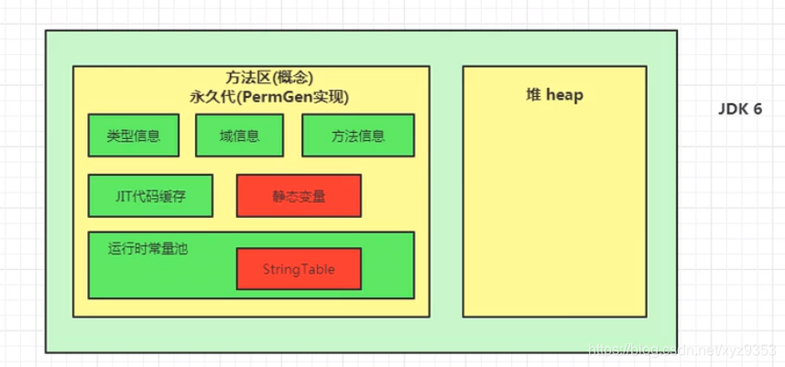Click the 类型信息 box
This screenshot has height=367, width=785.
134,135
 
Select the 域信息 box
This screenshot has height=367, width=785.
240,135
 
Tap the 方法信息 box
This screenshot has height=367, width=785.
357,135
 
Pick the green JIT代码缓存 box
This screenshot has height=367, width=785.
150,195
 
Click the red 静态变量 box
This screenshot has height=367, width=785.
299,195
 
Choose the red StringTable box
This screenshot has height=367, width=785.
299,268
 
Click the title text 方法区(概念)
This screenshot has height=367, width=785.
250,80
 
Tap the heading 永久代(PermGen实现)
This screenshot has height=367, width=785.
250,96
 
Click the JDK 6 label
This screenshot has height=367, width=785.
739,108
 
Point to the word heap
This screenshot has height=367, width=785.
564,94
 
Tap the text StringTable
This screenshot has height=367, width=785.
299,268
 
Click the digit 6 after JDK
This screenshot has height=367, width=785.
758,108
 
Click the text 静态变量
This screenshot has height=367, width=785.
299,195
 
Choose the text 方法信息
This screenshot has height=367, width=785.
357,135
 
